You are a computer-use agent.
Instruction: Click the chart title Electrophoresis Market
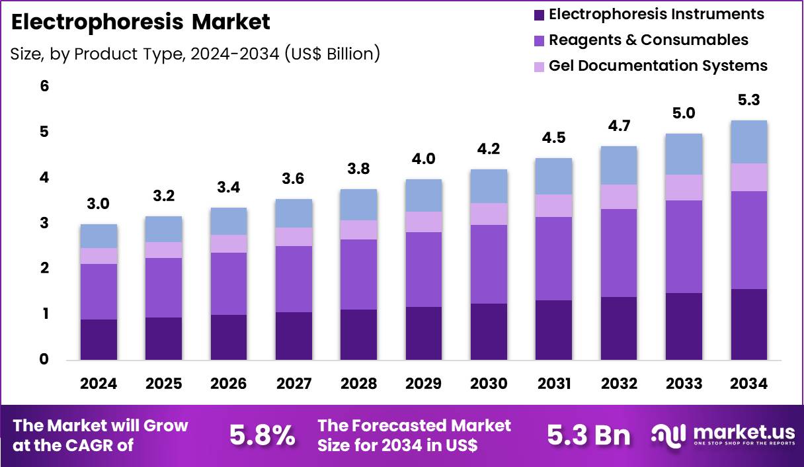coord(141,22)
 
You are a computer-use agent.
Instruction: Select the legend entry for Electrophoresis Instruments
coord(656,14)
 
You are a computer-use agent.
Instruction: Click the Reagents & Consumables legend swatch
coord(538,40)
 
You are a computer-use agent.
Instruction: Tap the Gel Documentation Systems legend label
coord(658,65)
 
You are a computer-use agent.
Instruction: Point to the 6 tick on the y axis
coord(44,87)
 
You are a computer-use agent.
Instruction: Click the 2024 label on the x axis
coord(99,384)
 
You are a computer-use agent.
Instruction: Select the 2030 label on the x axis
coord(489,384)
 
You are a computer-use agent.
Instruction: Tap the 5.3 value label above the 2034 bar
coord(748,101)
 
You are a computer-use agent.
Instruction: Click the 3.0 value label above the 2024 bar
coord(99,204)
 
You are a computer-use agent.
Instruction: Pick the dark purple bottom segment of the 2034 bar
coord(748,324)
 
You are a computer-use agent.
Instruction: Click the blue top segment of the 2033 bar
coord(684,154)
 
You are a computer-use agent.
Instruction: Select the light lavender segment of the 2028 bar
coord(358,230)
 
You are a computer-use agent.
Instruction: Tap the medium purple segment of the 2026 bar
coord(229,283)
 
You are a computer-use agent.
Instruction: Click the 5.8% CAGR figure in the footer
coord(262,435)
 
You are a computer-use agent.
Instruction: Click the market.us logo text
coord(743,432)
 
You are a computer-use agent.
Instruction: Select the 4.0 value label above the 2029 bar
coord(424,159)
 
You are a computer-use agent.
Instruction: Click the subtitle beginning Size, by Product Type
coord(195,54)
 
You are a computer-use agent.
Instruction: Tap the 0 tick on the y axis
coord(44,360)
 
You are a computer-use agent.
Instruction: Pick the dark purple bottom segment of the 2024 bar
coord(99,339)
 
